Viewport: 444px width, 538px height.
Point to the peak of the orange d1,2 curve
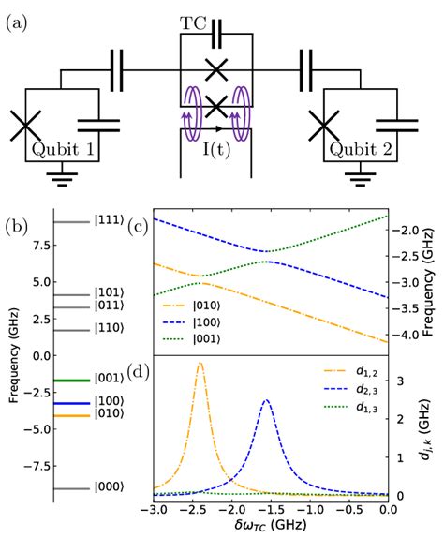point(200,364)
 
